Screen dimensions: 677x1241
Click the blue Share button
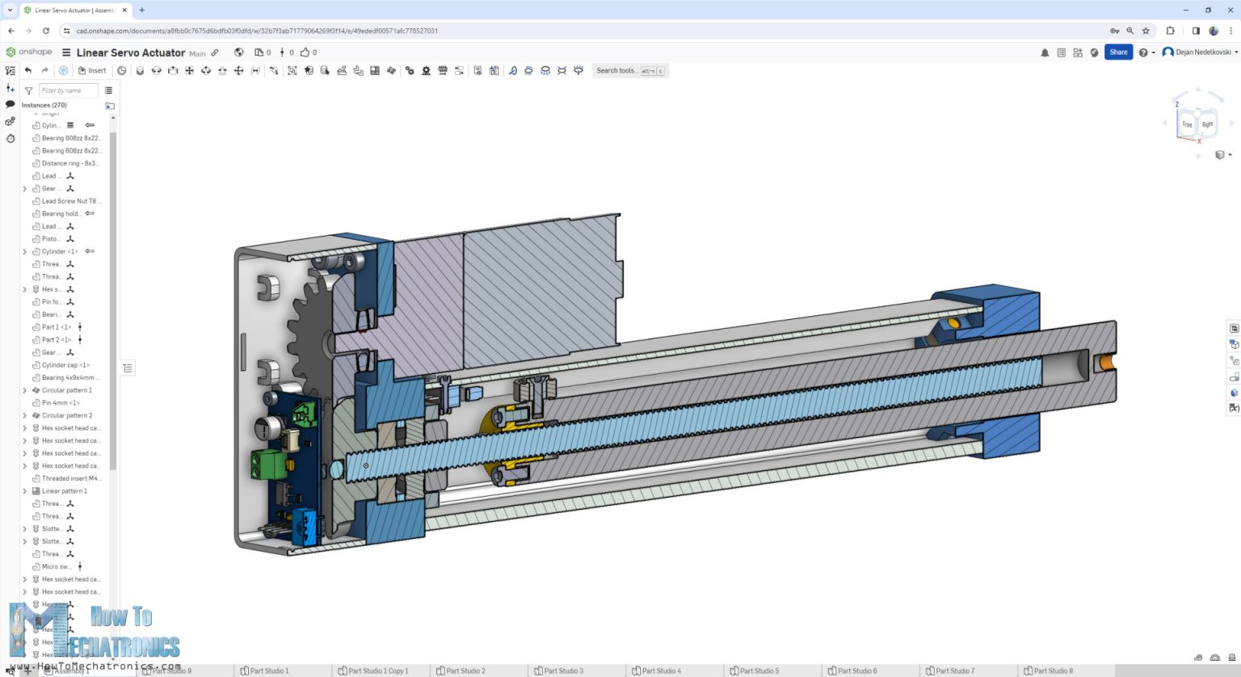coord(1118,53)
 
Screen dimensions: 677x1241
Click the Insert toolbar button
coord(92,71)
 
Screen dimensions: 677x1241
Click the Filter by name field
coord(68,90)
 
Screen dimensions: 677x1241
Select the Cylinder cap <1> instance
coord(65,365)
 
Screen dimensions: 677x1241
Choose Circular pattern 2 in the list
coord(67,415)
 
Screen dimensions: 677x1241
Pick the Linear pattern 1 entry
coord(64,491)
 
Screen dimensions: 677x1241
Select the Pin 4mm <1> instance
coord(61,403)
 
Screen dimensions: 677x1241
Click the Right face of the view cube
coord(1207,124)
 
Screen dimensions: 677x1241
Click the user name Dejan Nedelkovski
coord(1203,53)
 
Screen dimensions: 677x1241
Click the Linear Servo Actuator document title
coord(131,53)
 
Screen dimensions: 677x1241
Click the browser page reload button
coord(46,31)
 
